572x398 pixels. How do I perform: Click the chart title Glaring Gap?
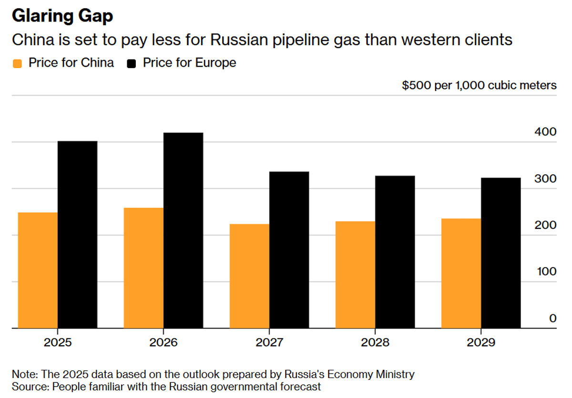62,16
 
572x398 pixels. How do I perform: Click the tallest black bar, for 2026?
183,230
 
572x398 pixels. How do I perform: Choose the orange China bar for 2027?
249,276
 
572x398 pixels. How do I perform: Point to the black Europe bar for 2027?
289,249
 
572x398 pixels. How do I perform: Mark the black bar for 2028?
395,252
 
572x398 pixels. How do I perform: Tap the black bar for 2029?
500,253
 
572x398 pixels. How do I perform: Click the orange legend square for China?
18,63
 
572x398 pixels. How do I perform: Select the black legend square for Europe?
133,63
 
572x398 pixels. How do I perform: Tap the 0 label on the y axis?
552,318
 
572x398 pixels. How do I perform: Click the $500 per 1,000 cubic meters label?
479,85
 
